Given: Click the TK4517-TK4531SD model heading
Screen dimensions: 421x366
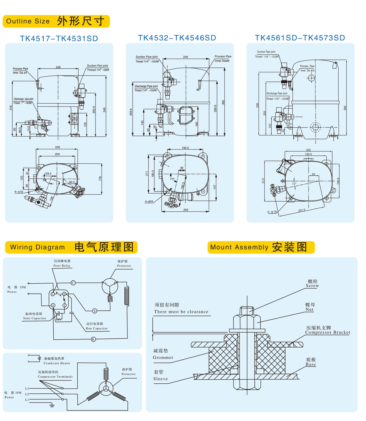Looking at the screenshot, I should (x=59, y=39).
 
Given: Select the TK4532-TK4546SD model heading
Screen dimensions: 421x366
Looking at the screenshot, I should (x=177, y=38).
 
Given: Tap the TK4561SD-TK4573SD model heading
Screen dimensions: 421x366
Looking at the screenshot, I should (x=300, y=38).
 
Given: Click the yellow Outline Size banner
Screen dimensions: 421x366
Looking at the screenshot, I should (x=56, y=21).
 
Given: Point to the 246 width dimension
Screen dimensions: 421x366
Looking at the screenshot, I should (x=185, y=57).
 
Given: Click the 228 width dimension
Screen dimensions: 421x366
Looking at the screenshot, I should (x=58, y=67).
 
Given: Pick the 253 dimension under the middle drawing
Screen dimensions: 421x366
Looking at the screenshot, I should (x=186, y=210).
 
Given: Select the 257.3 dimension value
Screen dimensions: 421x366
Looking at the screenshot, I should (x=302, y=210).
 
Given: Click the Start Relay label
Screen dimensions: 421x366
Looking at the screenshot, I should (x=62, y=265).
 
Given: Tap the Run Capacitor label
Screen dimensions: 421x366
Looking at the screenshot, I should (x=96, y=328).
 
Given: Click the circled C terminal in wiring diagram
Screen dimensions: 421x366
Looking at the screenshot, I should (x=73, y=283).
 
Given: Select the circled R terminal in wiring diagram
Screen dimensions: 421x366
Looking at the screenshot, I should (x=93, y=339).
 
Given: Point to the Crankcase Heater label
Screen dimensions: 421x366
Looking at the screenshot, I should (x=57, y=363).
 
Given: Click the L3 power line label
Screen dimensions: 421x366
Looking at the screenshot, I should (x=27, y=388).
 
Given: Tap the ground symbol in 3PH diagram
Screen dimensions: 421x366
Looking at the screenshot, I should (x=52, y=405).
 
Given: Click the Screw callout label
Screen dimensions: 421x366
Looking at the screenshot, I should (x=312, y=285).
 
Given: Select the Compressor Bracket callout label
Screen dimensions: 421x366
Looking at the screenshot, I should (x=327, y=332).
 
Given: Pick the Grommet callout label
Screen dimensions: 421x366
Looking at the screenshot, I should (x=163, y=357).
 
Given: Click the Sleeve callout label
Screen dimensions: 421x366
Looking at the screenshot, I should (x=160, y=379).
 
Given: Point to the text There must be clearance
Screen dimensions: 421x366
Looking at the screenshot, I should (x=181, y=312).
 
